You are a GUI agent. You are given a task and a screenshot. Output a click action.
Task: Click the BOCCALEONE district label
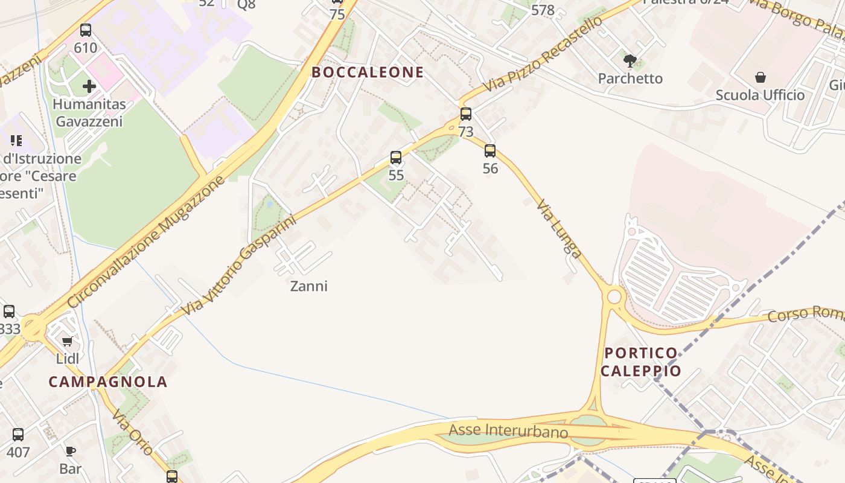point(368,72)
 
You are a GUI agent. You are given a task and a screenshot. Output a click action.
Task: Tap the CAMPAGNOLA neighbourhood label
point(108,382)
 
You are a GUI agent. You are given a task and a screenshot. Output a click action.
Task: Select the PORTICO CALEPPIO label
point(640,362)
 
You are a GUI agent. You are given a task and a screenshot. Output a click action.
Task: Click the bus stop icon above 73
point(466,114)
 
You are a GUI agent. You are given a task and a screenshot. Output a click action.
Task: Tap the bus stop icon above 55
point(396,158)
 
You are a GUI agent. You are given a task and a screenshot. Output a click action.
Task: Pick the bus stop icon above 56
point(490,150)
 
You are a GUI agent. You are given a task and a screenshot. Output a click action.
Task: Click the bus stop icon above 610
point(86,30)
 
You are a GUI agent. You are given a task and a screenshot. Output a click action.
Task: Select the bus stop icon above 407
point(18,434)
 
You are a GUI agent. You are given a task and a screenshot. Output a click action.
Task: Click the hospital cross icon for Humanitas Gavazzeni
point(89,86)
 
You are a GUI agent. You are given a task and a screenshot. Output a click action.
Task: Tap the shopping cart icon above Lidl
point(68,342)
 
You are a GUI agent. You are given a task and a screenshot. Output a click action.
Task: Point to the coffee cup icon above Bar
point(71,451)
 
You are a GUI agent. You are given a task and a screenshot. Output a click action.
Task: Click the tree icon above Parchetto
point(630,60)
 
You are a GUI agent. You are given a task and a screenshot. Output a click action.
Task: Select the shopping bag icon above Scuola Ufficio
point(760,77)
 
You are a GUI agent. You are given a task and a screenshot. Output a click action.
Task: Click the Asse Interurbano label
point(508,431)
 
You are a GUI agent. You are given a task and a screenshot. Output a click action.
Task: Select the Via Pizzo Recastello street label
point(543,54)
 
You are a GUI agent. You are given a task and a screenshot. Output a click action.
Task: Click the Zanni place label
point(309,286)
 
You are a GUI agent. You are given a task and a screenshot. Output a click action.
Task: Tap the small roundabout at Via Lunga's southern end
point(614,296)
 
